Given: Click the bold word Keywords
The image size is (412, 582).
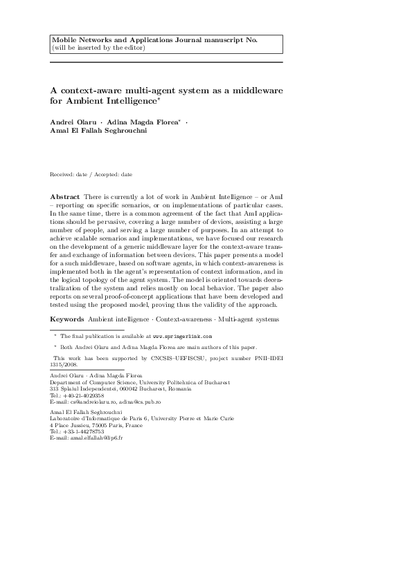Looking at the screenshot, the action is [68, 319].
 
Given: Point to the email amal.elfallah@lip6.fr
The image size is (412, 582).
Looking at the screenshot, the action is [95, 438].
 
